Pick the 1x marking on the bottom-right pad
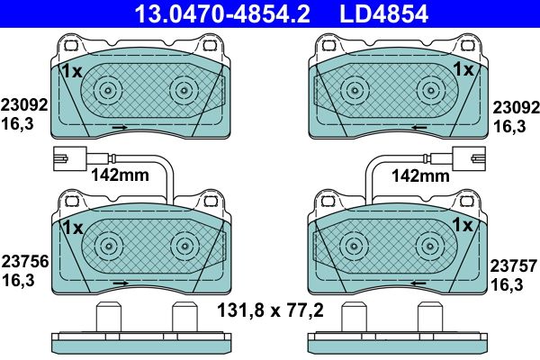click(x=463, y=225)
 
